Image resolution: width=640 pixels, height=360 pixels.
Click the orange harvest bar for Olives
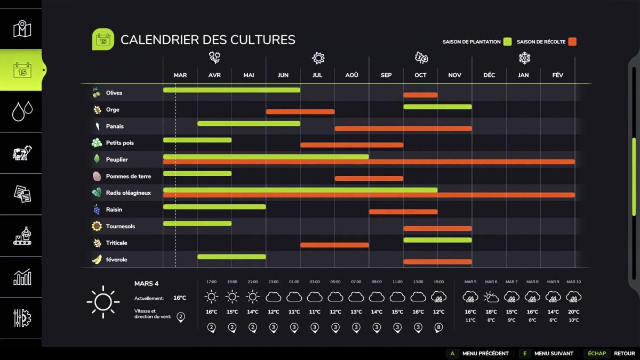click(x=420, y=95)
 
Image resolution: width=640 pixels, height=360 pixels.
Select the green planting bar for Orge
click(x=437, y=107)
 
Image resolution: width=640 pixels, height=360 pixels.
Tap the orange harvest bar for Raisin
click(x=403, y=212)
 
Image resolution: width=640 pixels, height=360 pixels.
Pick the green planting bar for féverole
click(x=231, y=257)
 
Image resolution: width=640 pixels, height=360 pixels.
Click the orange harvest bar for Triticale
click(x=334, y=245)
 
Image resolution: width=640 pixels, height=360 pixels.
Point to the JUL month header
click(x=317, y=75)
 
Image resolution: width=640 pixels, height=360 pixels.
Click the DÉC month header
click(x=489, y=75)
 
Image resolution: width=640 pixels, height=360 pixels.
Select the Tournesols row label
click(x=120, y=226)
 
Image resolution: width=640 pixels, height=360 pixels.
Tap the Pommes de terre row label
click(x=128, y=176)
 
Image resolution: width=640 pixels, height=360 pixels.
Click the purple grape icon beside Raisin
click(x=97, y=210)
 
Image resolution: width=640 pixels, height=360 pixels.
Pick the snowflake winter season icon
click(x=524, y=58)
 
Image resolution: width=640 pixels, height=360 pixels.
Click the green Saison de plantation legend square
click(x=508, y=42)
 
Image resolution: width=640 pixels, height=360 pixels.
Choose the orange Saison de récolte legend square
click(x=572, y=42)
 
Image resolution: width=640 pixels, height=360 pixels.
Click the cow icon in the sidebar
click(x=22, y=153)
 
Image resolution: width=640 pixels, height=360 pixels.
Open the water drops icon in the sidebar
click(x=22, y=111)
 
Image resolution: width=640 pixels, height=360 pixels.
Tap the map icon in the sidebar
click(x=22, y=29)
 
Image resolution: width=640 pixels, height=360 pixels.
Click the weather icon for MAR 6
click(x=491, y=297)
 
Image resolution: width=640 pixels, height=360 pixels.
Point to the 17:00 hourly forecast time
click(x=212, y=282)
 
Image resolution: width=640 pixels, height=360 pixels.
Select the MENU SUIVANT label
click(x=554, y=353)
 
